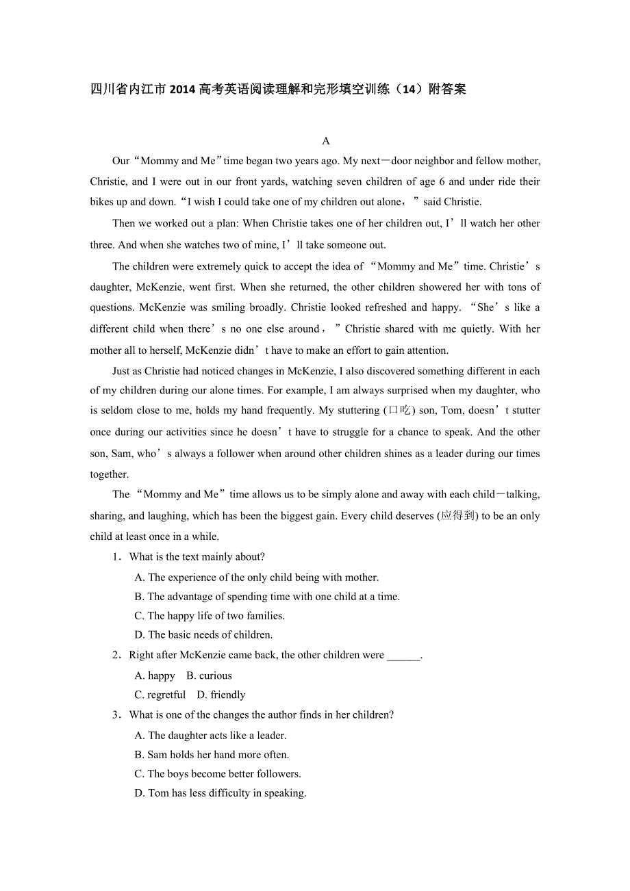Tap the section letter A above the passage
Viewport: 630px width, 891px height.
(x=326, y=141)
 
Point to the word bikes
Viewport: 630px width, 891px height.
(x=103, y=202)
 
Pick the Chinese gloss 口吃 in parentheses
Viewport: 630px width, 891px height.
(x=399, y=411)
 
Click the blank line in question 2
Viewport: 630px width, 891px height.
(x=403, y=656)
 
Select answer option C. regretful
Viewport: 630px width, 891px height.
(x=160, y=695)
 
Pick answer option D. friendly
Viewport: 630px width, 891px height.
(x=221, y=695)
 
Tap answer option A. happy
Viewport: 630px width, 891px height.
(x=155, y=675)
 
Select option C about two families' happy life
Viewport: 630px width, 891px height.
(x=210, y=615)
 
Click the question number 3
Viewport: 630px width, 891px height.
(x=116, y=715)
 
